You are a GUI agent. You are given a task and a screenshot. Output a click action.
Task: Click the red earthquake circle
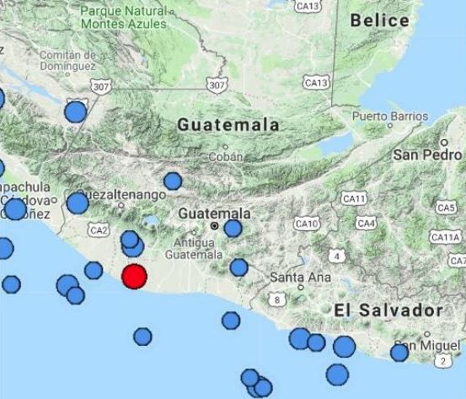[x=134, y=276]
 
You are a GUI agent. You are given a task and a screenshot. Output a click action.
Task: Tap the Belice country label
[x=379, y=20]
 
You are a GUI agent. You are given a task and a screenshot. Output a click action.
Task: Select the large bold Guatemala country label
[x=228, y=125]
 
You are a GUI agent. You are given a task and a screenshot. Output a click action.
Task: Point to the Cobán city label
[x=226, y=156]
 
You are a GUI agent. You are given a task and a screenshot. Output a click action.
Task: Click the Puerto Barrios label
[x=389, y=116]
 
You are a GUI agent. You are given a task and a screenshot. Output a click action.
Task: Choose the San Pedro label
[x=428, y=155]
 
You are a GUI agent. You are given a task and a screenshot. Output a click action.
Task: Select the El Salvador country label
[x=388, y=310]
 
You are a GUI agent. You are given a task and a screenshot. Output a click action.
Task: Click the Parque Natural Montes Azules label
[x=124, y=18]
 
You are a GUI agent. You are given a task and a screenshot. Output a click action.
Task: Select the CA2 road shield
[x=99, y=229]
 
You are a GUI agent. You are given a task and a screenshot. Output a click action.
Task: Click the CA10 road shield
[x=308, y=224]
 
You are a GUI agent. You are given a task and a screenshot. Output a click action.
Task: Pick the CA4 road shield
[x=366, y=224]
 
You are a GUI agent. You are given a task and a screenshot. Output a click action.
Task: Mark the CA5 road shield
[x=445, y=208]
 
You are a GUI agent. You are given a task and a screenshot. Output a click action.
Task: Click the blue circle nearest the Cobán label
[x=173, y=181]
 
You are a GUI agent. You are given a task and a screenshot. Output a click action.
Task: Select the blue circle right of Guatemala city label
[x=233, y=228]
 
